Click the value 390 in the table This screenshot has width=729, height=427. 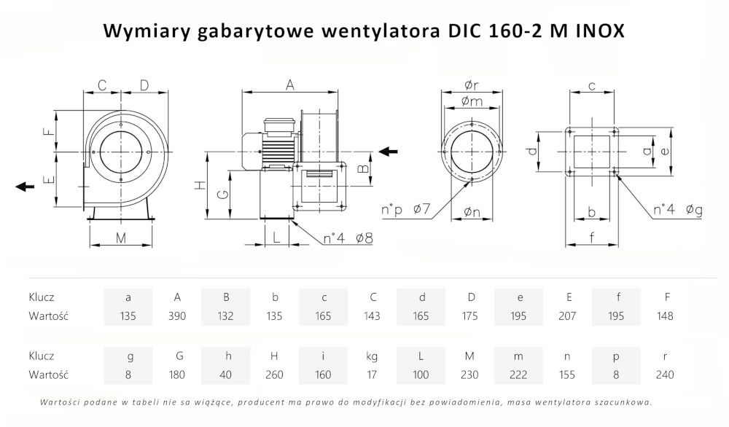[x=177, y=316]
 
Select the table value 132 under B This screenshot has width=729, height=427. [x=226, y=316]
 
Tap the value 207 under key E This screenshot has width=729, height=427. [x=568, y=316]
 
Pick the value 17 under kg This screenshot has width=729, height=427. [x=373, y=375]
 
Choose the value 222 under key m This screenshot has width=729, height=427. [x=519, y=375]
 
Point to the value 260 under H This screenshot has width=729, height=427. [x=275, y=375]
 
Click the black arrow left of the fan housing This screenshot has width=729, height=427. [x=25, y=187]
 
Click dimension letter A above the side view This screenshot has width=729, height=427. [x=289, y=85]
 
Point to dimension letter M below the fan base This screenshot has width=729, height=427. [x=121, y=238]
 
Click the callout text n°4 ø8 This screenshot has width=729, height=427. [x=348, y=238]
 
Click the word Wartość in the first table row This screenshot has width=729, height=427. [x=48, y=316]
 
